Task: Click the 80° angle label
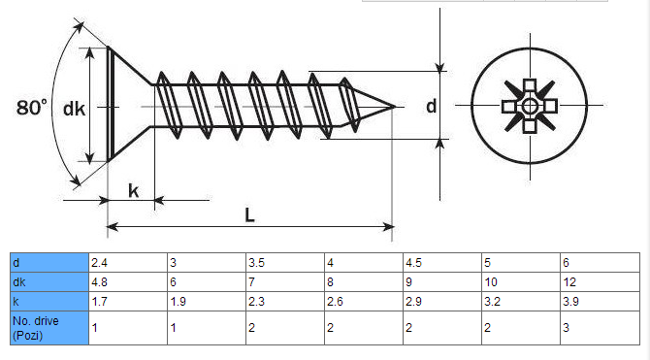click(x=31, y=108)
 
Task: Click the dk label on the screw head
click(x=74, y=109)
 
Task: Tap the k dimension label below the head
click(x=133, y=191)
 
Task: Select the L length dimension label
click(x=249, y=215)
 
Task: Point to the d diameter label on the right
click(x=431, y=107)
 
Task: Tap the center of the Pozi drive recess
click(x=531, y=104)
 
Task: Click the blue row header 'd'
click(x=49, y=263)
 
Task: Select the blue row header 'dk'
click(x=49, y=281)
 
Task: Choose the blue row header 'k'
click(x=49, y=301)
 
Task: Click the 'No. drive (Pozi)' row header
click(x=49, y=327)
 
